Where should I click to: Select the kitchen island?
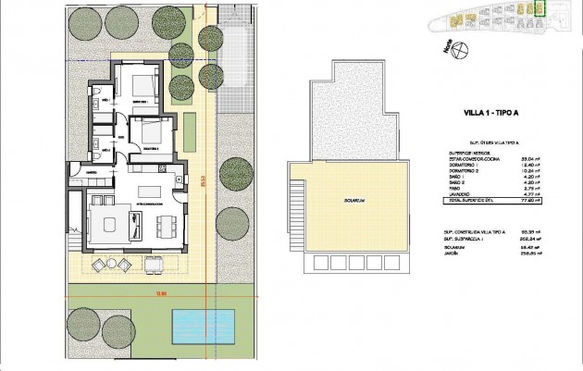[x=149, y=180]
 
